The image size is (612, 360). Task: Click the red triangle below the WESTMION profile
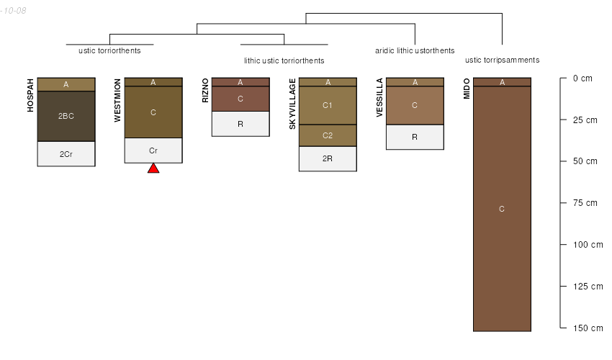pyautogui.click(x=153, y=168)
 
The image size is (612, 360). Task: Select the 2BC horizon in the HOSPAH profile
pyautogui.click(x=66, y=116)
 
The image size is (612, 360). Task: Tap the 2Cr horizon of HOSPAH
pyautogui.click(x=66, y=154)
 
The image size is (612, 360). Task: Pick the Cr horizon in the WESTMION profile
pyautogui.click(x=153, y=150)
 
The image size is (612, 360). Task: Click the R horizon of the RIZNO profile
pyautogui.click(x=240, y=124)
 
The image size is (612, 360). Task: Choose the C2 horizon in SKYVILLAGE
pyautogui.click(x=328, y=135)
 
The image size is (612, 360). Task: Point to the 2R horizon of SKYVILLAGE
pyautogui.click(x=328, y=158)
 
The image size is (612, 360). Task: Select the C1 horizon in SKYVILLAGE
pyautogui.click(x=328, y=105)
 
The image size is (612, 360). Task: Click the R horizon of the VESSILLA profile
pyautogui.click(x=415, y=137)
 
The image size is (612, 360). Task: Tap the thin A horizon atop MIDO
pyautogui.click(x=503, y=82)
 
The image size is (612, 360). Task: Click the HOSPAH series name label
pyautogui.click(x=30, y=96)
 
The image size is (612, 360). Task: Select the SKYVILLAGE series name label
pyautogui.click(x=292, y=104)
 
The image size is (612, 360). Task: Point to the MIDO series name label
pyautogui.click(x=467, y=89)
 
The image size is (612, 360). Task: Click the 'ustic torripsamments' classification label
pyautogui.click(x=503, y=60)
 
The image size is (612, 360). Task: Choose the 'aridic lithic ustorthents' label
pyautogui.click(x=415, y=50)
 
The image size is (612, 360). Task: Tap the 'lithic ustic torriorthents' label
pyautogui.click(x=284, y=60)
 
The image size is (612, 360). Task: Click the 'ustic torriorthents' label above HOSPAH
pyautogui.click(x=109, y=50)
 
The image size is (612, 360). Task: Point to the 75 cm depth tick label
pyautogui.click(x=585, y=202)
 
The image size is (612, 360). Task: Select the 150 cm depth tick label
pyautogui.click(x=588, y=328)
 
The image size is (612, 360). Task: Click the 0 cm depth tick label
pyautogui.click(x=582, y=78)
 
